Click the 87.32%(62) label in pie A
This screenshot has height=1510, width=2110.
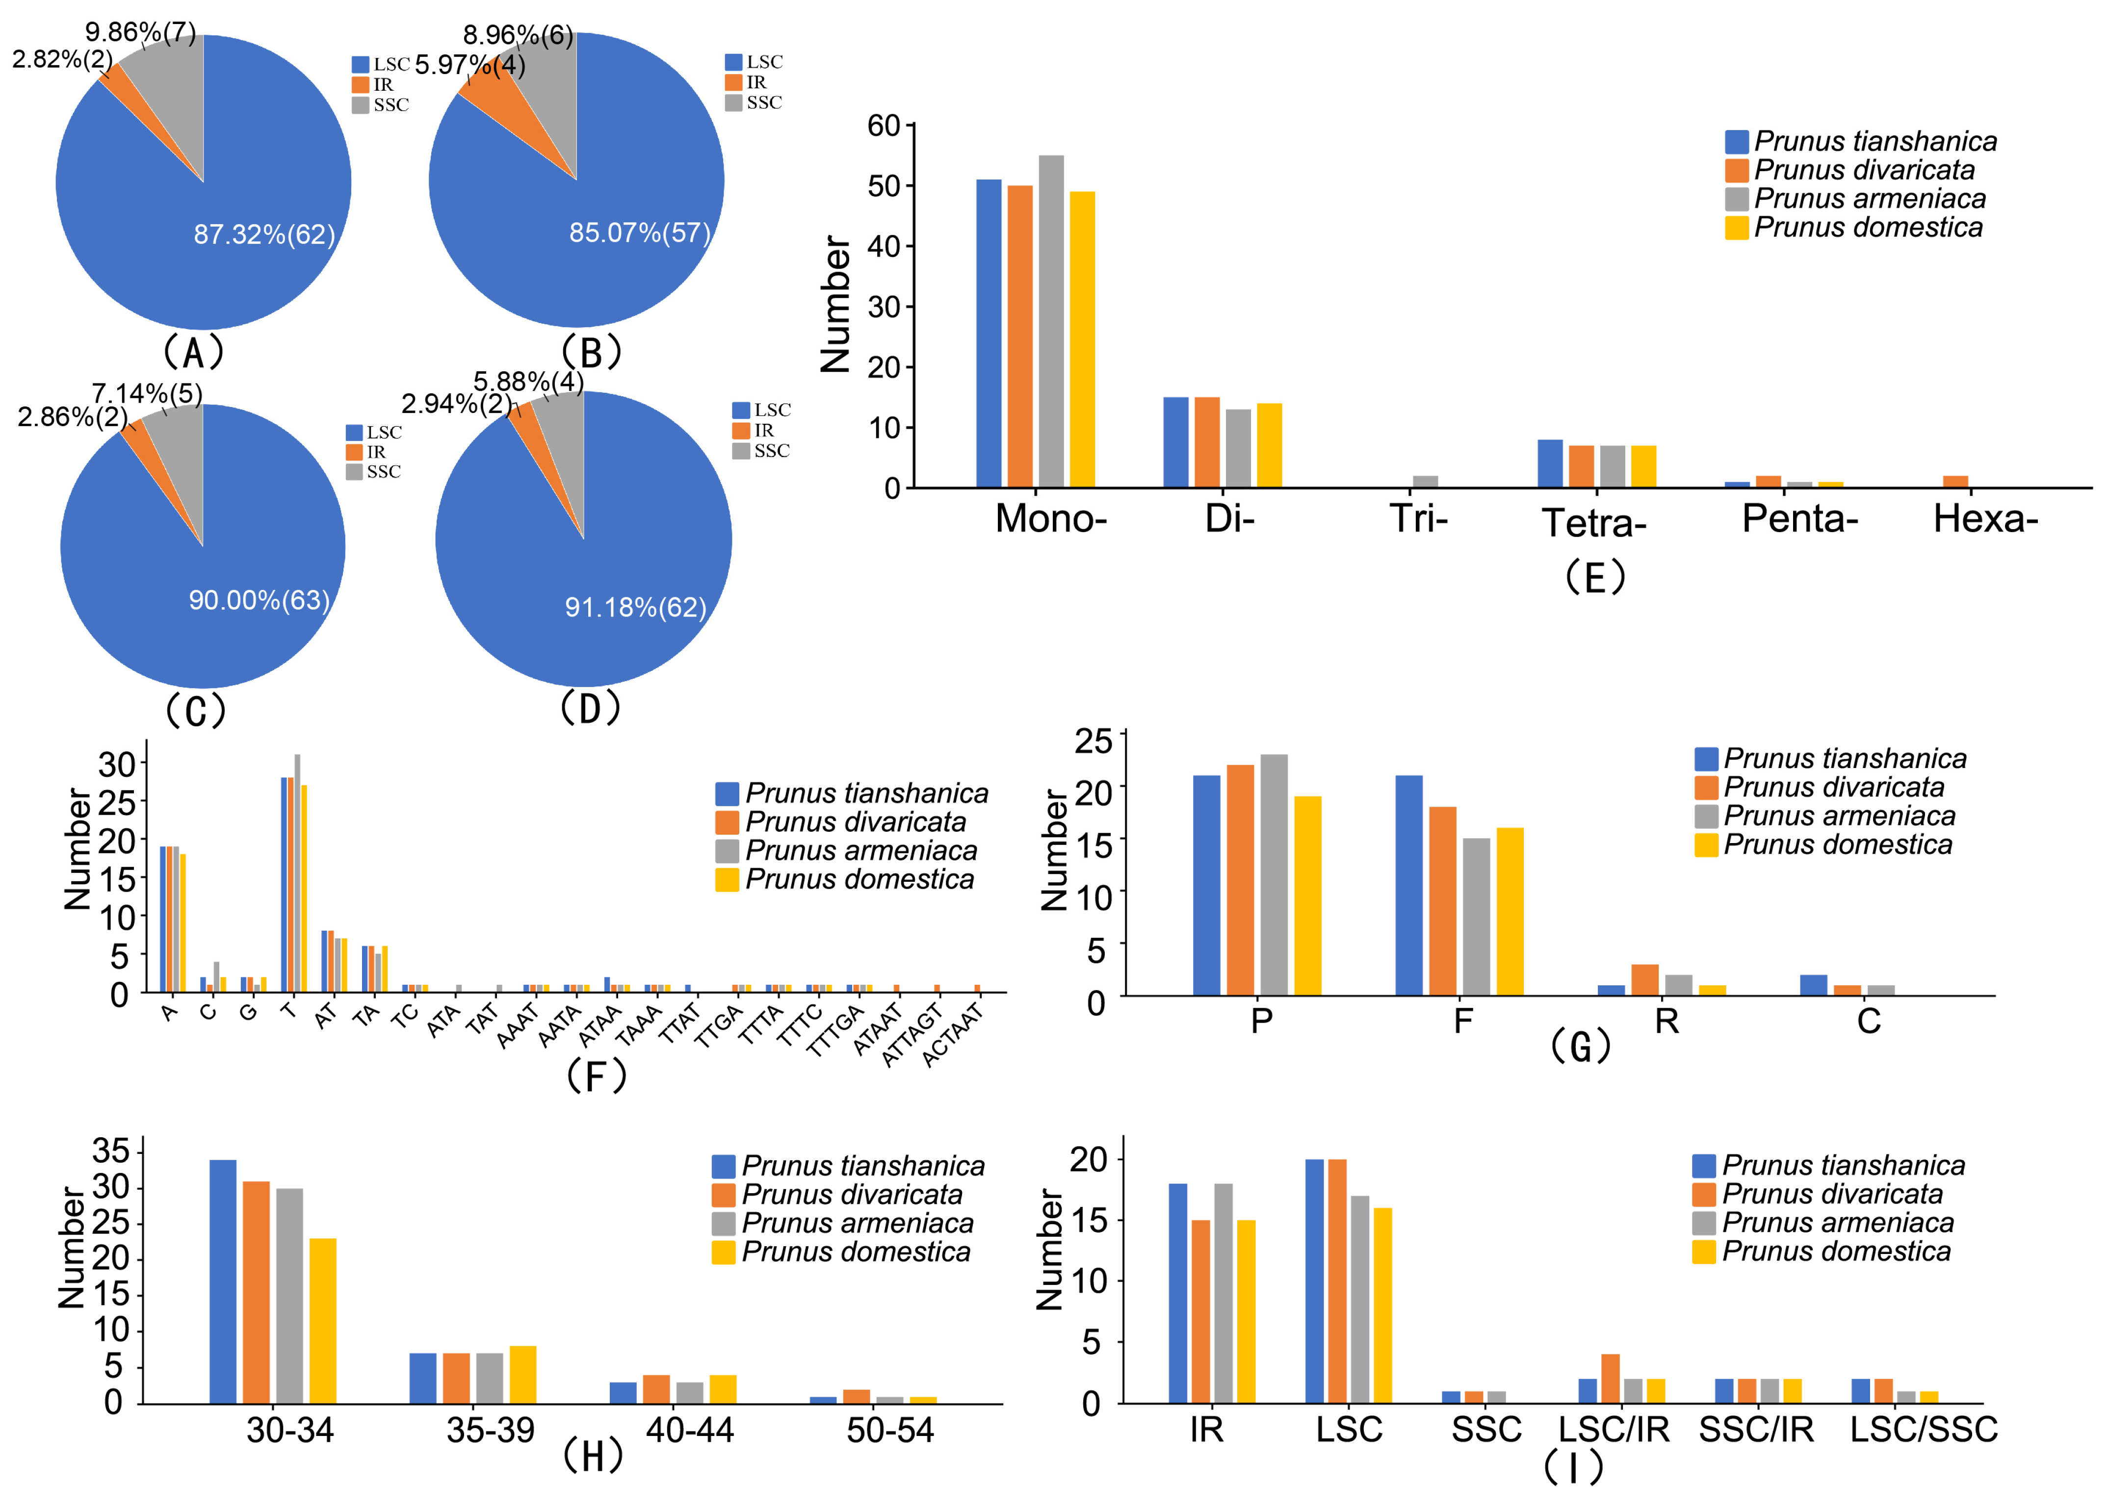264,234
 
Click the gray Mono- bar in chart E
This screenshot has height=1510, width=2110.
1051,321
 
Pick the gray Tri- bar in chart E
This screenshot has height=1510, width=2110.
1425,482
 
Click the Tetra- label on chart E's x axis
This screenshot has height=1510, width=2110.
1594,523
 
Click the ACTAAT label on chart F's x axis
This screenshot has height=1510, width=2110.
953,1034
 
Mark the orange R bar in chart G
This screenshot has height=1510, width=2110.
1644,980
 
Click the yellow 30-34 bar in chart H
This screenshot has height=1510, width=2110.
323,1320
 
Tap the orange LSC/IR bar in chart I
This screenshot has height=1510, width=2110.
1610,1378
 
